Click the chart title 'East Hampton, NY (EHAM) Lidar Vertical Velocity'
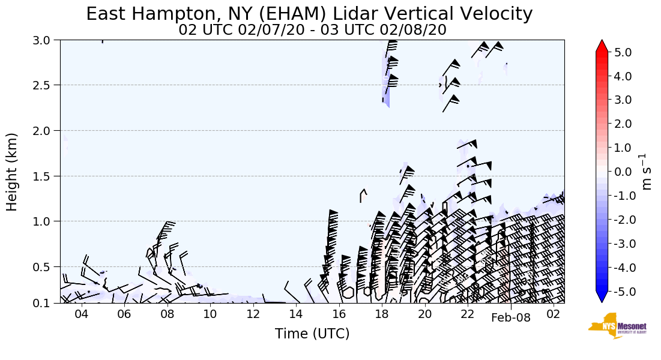click(x=309, y=14)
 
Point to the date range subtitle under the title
click(x=312, y=30)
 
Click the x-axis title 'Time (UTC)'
click(x=312, y=334)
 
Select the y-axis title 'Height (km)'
click(x=12, y=172)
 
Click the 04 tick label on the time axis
click(x=81, y=315)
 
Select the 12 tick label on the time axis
click(x=253, y=315)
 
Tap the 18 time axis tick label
click(x=382, y=315)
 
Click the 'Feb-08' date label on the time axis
click(x=511, y=317)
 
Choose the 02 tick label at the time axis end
click(x=554, y=315)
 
